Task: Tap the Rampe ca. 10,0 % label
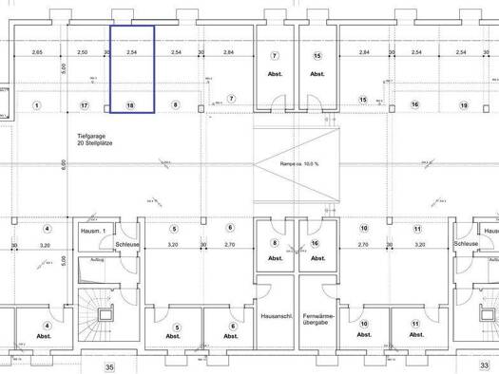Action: point(299,163)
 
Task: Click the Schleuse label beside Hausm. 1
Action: point(127,244)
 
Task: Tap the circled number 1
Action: point(36,104)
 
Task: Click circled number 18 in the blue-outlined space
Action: point(130,105)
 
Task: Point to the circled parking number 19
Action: point(463,104)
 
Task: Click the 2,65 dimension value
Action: point(37,53)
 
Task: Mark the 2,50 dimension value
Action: point(83,53)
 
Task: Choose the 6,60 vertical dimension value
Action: point(63,164)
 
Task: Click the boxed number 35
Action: point(109,365)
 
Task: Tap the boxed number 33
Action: point(484,365)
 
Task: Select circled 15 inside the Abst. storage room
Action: point(317,56)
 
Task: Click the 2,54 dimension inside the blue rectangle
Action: point(131,53)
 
